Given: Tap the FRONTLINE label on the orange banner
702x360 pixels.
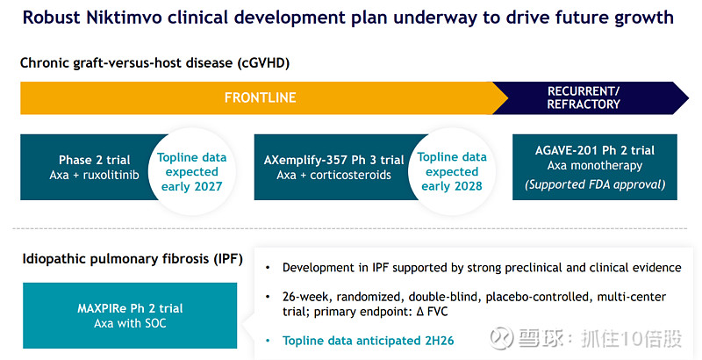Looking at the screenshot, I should [261, 97].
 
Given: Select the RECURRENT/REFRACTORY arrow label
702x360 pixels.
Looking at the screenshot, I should [583, 97].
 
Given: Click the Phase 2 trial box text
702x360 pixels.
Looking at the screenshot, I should [94, 160].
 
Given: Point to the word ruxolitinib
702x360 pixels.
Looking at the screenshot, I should [110, 175].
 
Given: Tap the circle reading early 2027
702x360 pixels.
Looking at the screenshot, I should [191, 171].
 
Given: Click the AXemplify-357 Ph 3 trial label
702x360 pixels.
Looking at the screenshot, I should [334, 160].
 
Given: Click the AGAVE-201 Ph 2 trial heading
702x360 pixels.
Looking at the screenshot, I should [595, 150].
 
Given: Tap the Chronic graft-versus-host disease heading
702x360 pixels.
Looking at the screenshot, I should [155, 62].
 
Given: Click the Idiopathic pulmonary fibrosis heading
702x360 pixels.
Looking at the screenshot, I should [132, 259].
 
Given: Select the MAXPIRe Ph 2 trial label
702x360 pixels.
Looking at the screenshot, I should [129, 308].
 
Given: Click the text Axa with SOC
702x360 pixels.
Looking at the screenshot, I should [129, 323].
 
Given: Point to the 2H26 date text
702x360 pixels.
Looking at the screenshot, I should [435, 339].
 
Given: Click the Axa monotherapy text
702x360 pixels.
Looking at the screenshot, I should [595, 165].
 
